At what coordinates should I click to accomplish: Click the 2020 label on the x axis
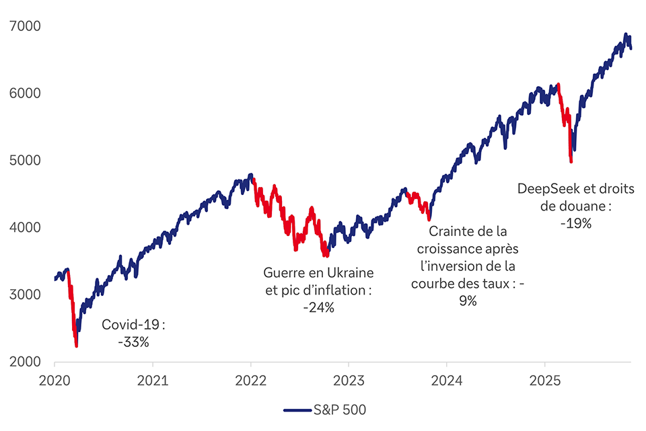[x=55, y=381]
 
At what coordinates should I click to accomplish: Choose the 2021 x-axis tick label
[x=153, y=381]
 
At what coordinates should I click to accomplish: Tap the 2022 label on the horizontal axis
[x=251, y=381]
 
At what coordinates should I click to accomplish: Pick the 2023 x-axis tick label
[x=349, y=381]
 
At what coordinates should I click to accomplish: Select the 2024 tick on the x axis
[x=447, y=381]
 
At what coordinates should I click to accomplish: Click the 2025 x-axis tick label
[x=545, y=381]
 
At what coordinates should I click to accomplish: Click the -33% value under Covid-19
[x=133, y=342]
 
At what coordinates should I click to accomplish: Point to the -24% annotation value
[x=318, y=307]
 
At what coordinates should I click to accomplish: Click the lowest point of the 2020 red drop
[x=76, y=346]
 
